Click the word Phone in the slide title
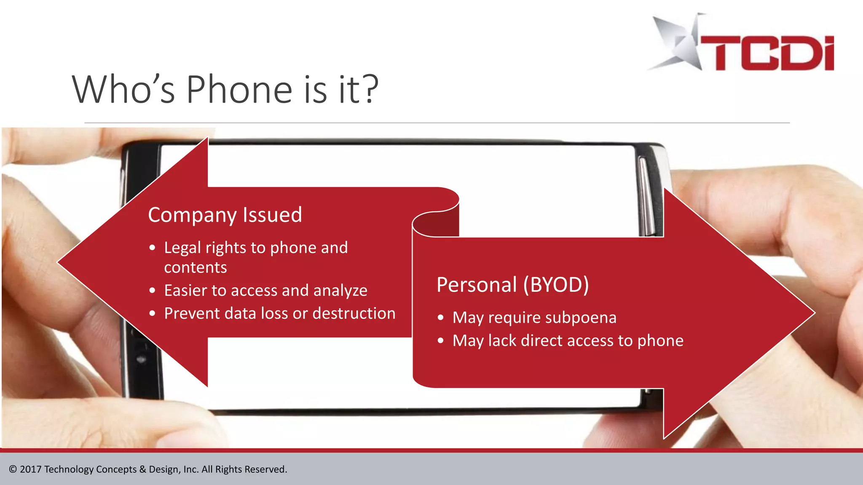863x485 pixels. pyautogui.click(x=239, y=89)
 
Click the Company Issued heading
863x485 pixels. pyautogui.click(x=225, y=215)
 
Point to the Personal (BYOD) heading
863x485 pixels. pyautogui.click(x=512, y=285)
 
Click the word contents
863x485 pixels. pyautogui.click(x=195, y=268)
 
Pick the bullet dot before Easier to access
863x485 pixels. pyautogui.click(x=153, y=290)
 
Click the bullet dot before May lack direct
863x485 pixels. pyautogui.click(x=441, y=341)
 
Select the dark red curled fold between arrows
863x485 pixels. pyautogui.click(x=442, y=223)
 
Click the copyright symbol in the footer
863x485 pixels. pyautogui.click(x=13, y=469)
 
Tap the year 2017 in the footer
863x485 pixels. pyautogui.click(x=30, y=469)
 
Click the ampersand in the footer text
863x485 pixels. pyautogui.click(x=142, y=469)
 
